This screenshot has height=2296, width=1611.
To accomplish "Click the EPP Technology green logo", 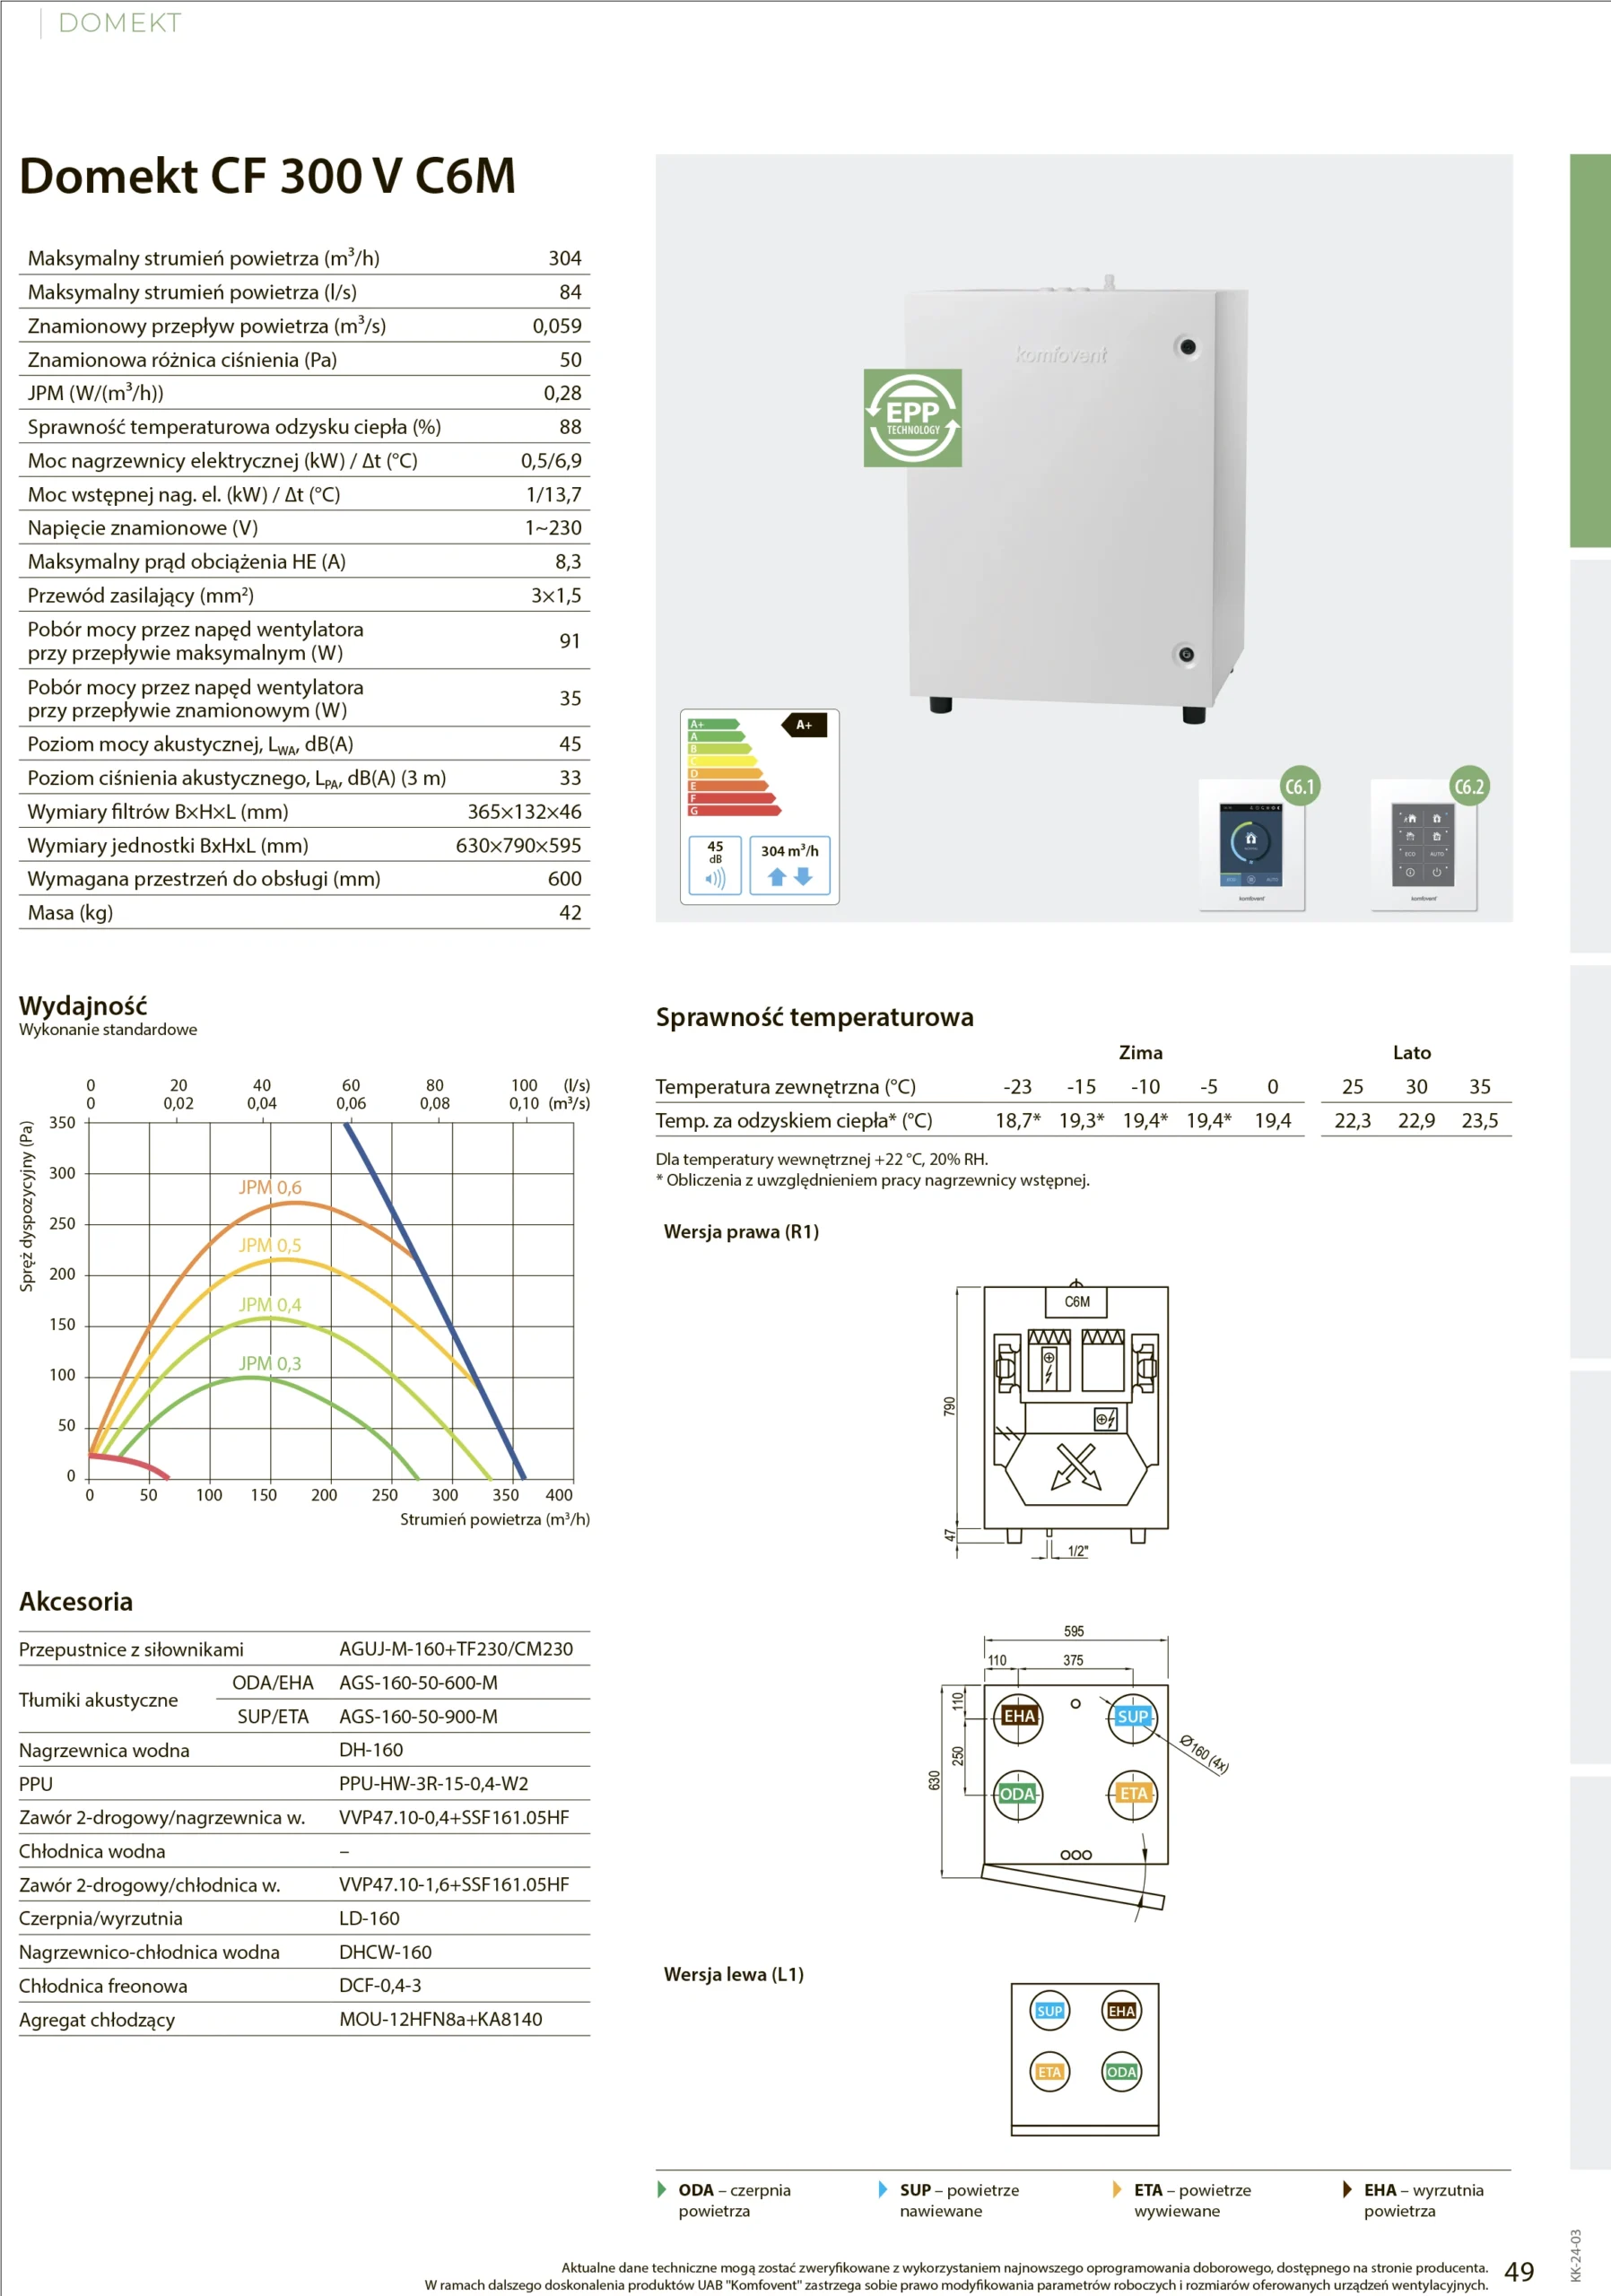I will (912, 418).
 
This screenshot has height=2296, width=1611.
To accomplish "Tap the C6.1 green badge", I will (1299, 786).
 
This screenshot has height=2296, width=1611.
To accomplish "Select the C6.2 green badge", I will (1469, 786).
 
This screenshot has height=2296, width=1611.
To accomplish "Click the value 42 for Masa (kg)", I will (570, 912).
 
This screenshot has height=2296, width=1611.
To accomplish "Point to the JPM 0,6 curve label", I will (270, 1187).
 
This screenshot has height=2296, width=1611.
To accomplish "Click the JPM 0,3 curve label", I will (270, 1363).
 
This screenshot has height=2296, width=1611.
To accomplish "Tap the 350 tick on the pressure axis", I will (62, 1122).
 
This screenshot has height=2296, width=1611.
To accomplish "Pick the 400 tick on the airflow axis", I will (559, 1495).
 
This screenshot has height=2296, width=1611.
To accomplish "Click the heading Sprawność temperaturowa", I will (814, 1017).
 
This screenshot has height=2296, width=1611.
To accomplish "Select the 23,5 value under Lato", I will (1480, 1120).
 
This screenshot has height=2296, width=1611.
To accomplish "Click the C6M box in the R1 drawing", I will (1077, 1302).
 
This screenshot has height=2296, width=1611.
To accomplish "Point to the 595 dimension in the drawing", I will (1074, 1631).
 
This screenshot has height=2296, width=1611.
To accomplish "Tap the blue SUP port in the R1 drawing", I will (1132, 1716).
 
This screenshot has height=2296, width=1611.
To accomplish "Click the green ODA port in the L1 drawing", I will (1121, 2072).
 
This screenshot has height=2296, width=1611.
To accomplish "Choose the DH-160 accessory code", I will (371, 1749).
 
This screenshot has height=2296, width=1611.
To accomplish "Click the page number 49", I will (1519, 2271).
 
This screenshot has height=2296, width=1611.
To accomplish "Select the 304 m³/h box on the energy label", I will (790, 866).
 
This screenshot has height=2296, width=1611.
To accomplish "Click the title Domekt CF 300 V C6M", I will (267, 176).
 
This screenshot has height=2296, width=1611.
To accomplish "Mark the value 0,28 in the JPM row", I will (562, 393).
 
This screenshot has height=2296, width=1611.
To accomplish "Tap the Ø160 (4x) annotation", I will (1204, 1753).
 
